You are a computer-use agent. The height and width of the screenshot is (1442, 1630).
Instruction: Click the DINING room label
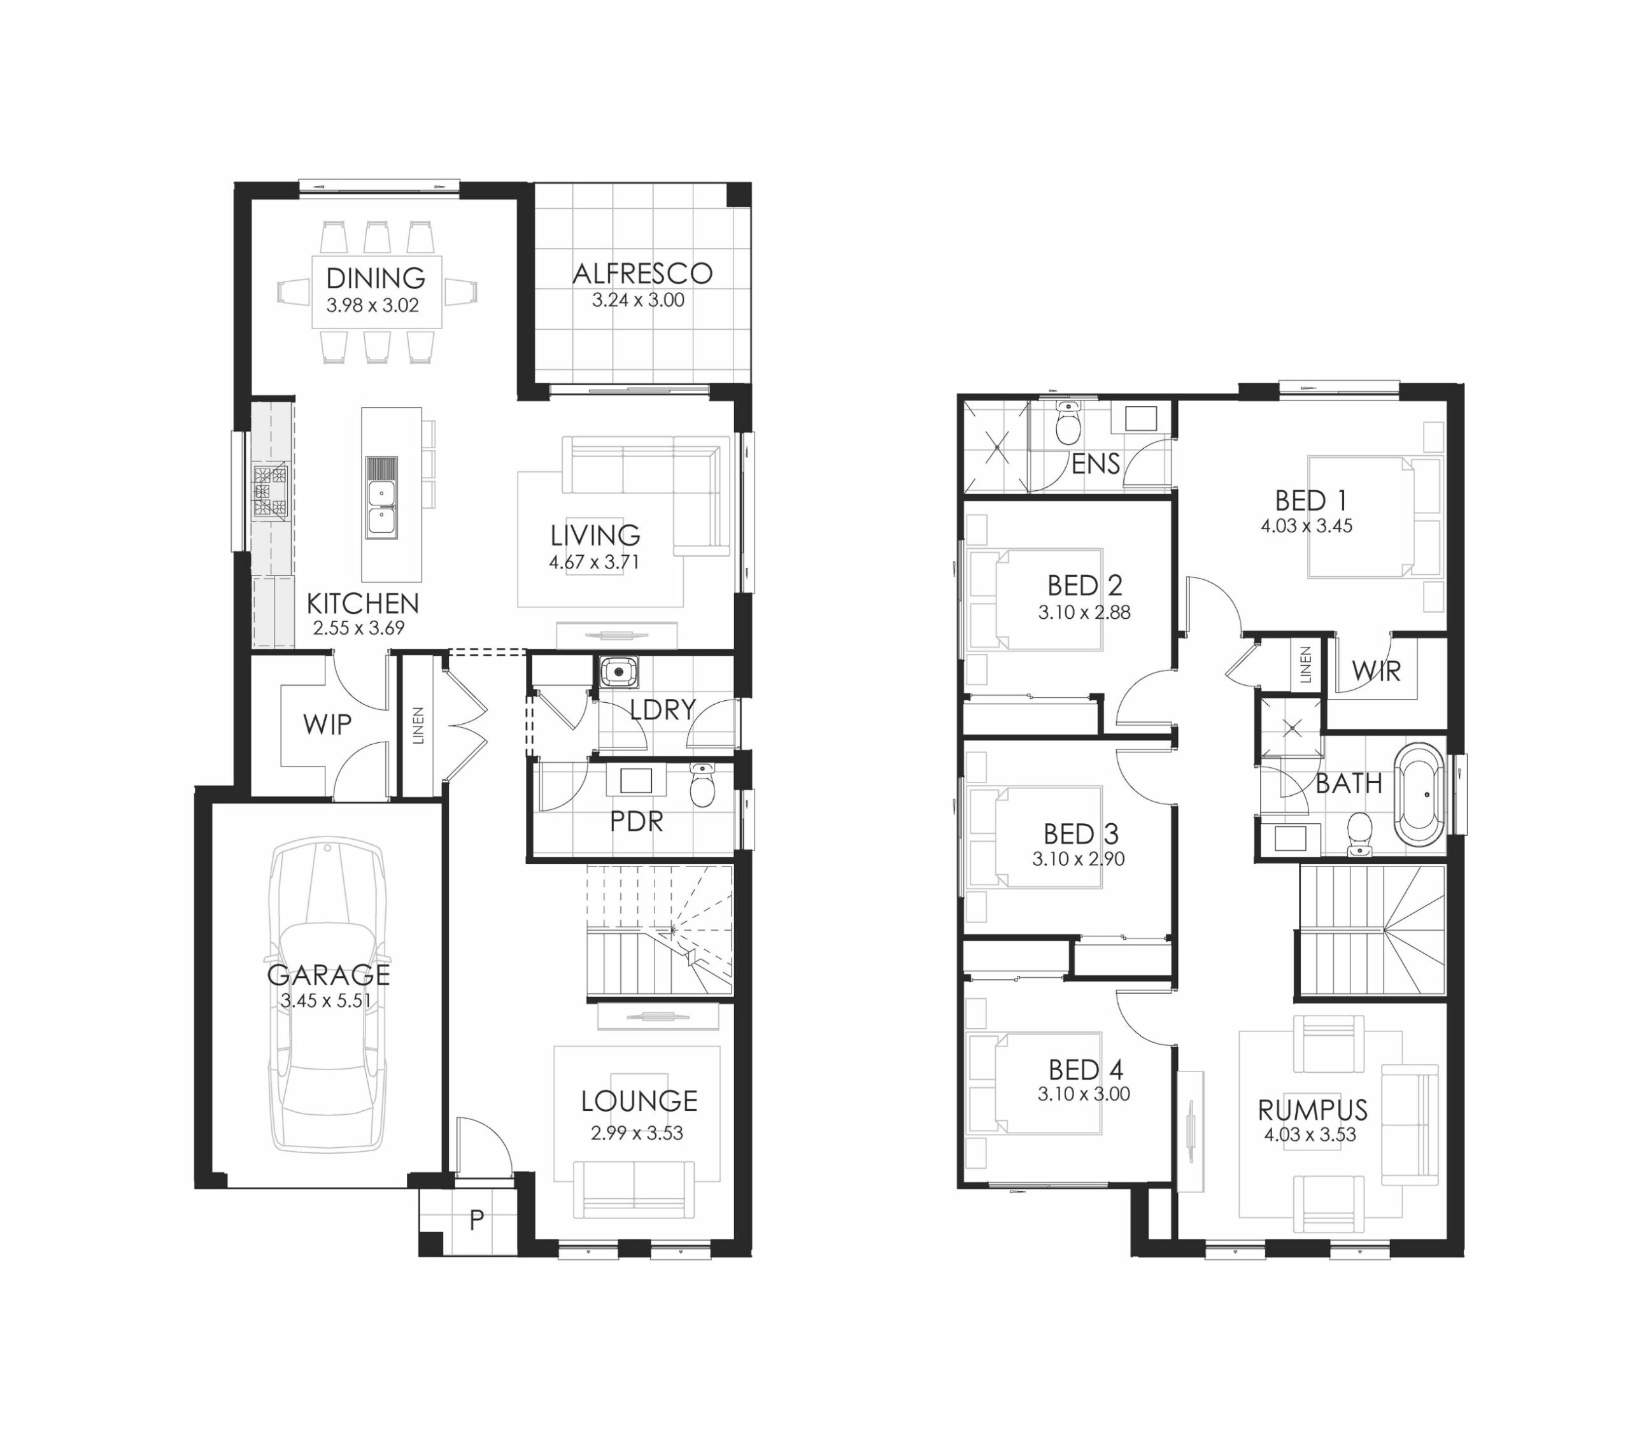click(376, 278)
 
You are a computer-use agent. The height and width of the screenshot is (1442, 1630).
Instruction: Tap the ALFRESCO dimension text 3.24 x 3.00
click(638, 300)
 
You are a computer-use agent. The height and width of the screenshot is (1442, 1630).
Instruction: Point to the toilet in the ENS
click(1067, 423)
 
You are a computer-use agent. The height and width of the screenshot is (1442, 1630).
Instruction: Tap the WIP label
click(327, 725)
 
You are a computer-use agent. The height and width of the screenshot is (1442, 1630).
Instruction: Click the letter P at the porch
click(476, 1220)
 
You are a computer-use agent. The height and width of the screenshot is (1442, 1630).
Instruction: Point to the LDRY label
click(663, 709)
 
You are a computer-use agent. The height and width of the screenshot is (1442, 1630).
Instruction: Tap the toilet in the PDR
click(702, 785)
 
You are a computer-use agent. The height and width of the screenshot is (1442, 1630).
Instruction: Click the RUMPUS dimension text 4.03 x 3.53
click(1310, 1135)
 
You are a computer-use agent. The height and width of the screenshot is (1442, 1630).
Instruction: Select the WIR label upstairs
click(1377, 672)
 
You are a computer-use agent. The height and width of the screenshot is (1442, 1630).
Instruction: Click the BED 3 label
click(1081, 834)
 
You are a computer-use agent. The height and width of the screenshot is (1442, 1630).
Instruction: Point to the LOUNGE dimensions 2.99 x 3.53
click(637, 1133)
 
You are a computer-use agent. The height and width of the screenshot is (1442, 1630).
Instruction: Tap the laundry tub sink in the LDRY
click(617, 672)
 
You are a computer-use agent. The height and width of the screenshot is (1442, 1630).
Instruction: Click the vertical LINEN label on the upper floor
click(1305, 665)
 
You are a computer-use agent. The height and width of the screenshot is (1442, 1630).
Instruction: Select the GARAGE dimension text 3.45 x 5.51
click(326, 1001)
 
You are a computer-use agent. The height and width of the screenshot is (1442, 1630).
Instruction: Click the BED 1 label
click(1311, 501)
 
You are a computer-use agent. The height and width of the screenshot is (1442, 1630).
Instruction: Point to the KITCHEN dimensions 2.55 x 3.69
click(359, 628)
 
